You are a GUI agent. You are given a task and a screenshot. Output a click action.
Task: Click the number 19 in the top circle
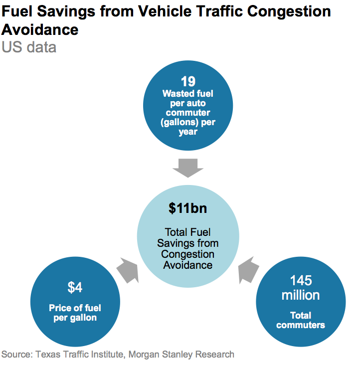point(188,82)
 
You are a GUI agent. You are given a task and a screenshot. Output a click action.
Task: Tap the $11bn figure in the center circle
point(187,208)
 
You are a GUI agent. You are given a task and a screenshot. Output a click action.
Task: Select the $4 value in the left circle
point(75,288)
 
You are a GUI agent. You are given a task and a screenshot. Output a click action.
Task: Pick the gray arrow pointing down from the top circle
point(188,168)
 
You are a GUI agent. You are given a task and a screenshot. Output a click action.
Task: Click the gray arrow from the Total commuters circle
point(249,271)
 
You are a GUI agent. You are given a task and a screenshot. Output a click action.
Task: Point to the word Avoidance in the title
point(40,29)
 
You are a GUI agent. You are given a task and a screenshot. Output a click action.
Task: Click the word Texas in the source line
point(46,355)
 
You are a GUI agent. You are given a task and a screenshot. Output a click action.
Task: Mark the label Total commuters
point(300,320)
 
